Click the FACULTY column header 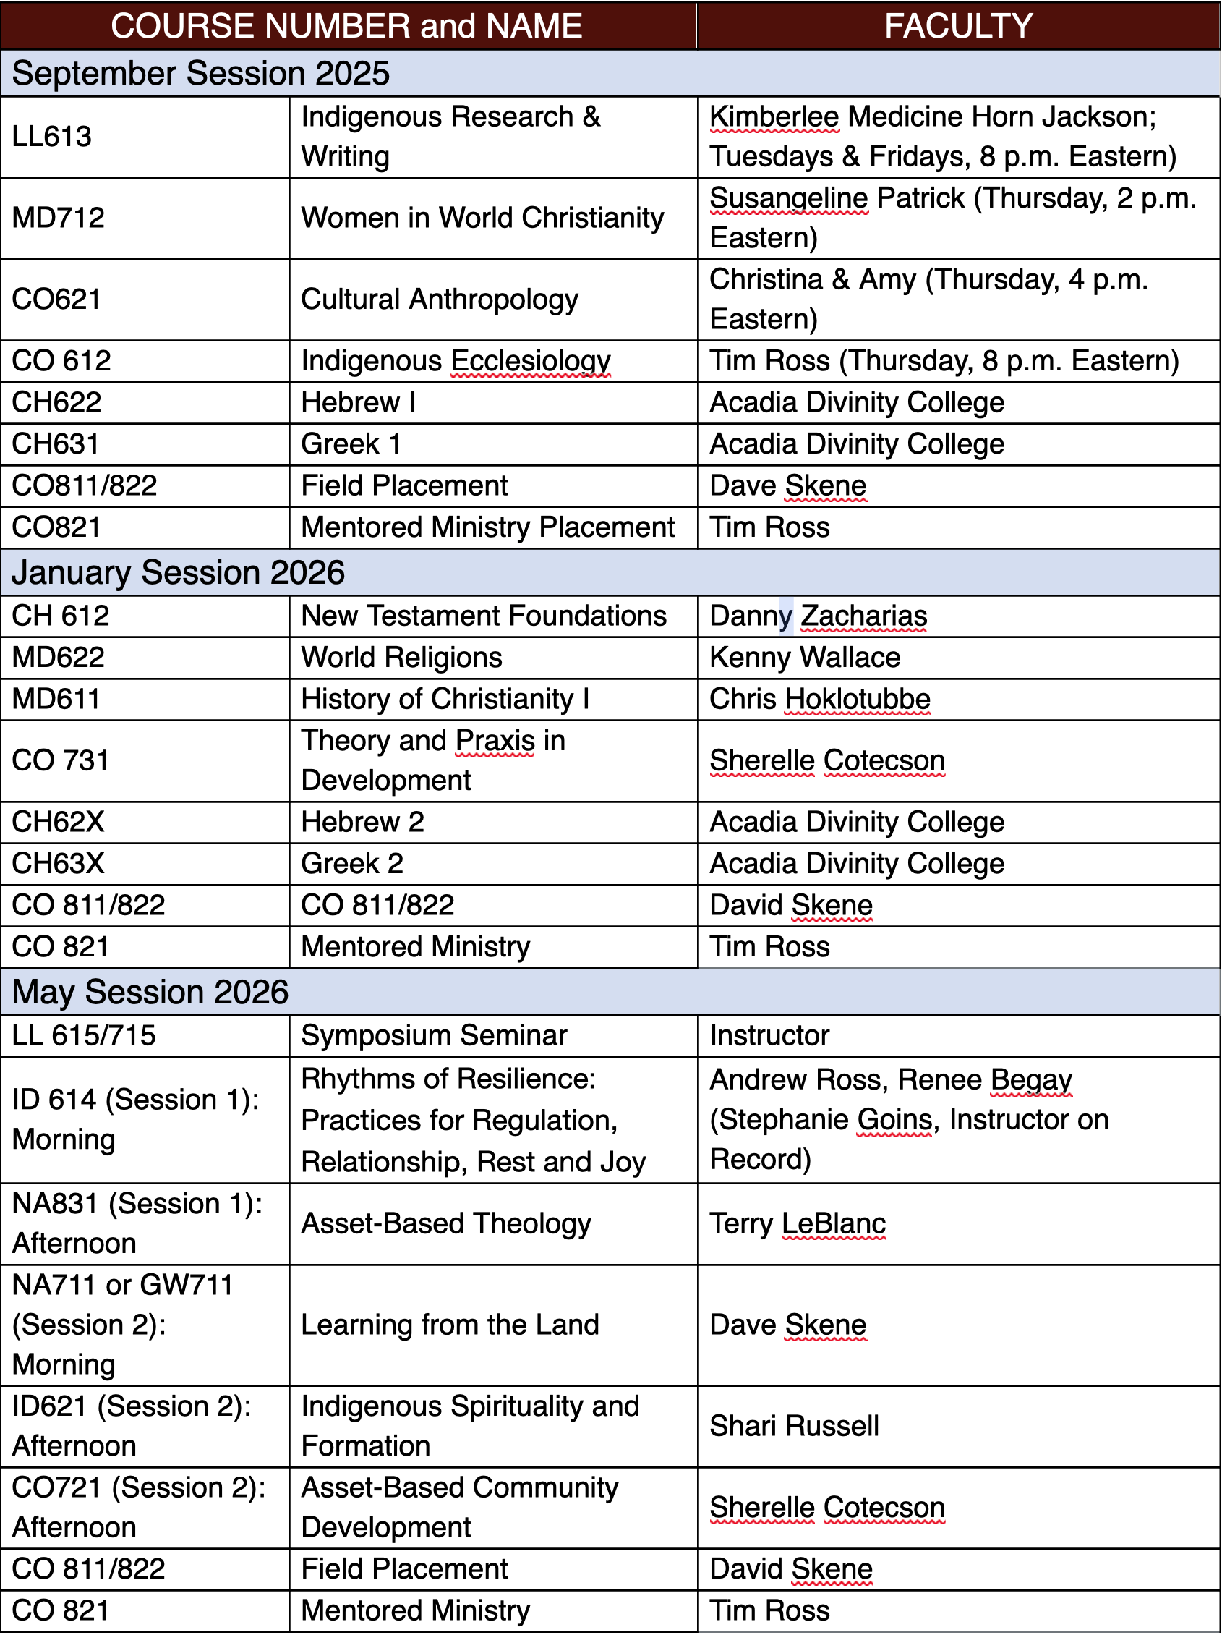pyautogui.click(x=957, y=26)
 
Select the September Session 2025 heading pyautogui.click(x=200, y=74)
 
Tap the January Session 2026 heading pyautogui.click(x=178, y=573)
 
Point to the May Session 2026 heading pyautogui.click(x=150, y=992)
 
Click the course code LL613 pyautogui.click(x=52, y=137)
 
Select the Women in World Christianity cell pyautogui.click(x=482, y=218)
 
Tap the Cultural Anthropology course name pyautogui.click(x=440, y=300)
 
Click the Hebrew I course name pyautogui.click(x=359, y=403)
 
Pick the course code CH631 pyautogui.click(x=56, y=444)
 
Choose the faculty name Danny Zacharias pyautogui.click(x=818, y=616)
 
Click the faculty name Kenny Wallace pyautogui.click(x=805, y=658)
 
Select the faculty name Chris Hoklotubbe pyautogui.click(x=819, y=700)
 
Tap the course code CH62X pyautogui.click(x=59, y=822)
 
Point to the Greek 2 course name pyautogui.click(x=352, y=863)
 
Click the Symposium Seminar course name pyautogui.click(x=434, y=1035)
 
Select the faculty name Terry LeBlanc pyautogui.click(x=797, y=1223)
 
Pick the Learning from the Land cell pyautogui.click(x=450, y=1325)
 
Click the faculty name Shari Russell pyautogui.click(x=794, y=1426)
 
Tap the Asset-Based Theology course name pyautogui.click(x=446, y=1223)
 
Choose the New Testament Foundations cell pyautogui.click(x=484, y=616)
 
